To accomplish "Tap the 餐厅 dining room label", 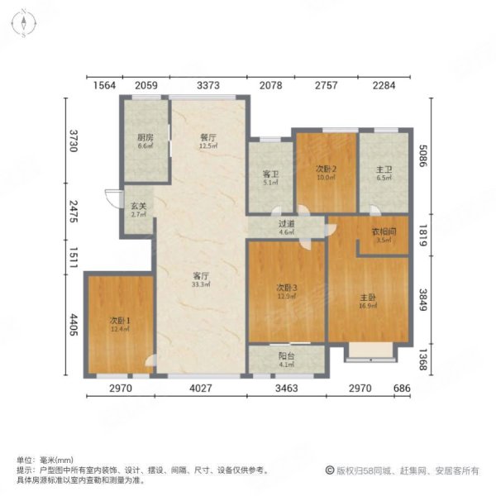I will click(x=207, y=138).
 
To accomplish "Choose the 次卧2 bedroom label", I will click(x=326, y=169).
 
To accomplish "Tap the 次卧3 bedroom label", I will click(x=286, y=288).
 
